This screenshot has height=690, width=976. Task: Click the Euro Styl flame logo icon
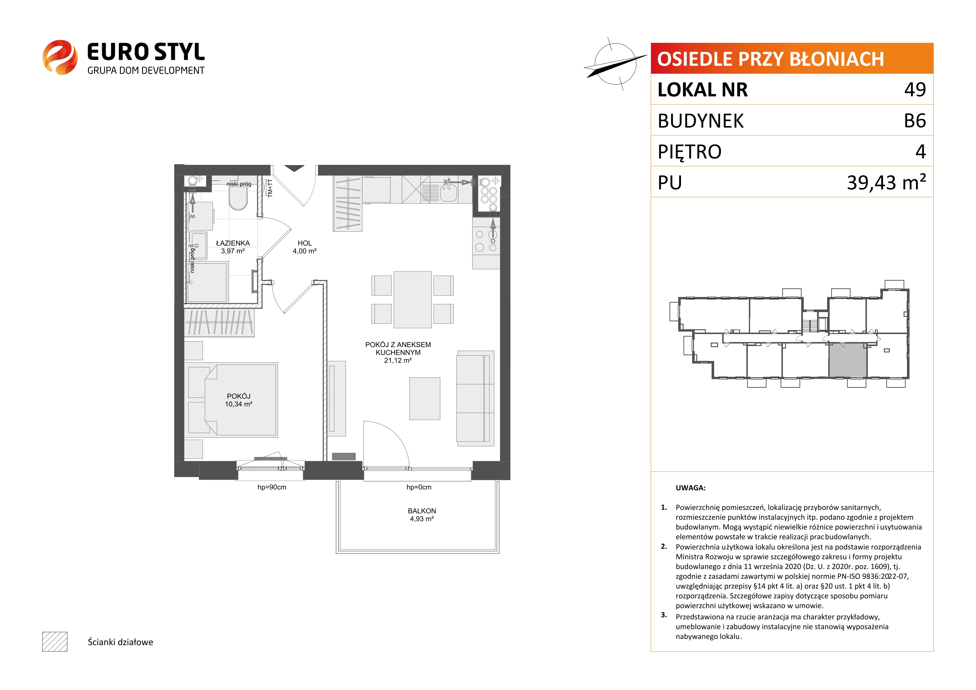pyautogui.click(x=60, y=57)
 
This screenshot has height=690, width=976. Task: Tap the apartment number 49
pyautogui.click(x=915, y=89)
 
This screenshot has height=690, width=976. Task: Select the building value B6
pyautogui.click(x=915, y=121)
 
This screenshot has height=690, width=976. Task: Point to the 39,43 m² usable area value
pyautogui.click(x=886, y=182)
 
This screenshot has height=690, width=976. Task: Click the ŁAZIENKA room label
pyautogui.click(x=233, y=243)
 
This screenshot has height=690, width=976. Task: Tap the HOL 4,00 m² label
pyautogui.click(x=305, y=247)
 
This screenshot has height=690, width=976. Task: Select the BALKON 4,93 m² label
pyautogui.click(x=422, y=515)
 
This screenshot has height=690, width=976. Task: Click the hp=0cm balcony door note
pyautogui.click(x=419, y=487)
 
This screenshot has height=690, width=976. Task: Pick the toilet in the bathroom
pyautogui.click(x=238, y=198)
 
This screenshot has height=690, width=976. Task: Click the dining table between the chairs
pyautogui.click(x=412, y=300)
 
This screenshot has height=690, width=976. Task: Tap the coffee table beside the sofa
pyautogui.click(x=425, y=399)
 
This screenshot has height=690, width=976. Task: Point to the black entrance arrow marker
pyautogui.click(x=294, y=168)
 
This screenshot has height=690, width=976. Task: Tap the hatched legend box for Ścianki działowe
pyautogui.click(x=55, y=642)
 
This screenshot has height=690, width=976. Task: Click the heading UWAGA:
pyautogui.click(x=690, y=488)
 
